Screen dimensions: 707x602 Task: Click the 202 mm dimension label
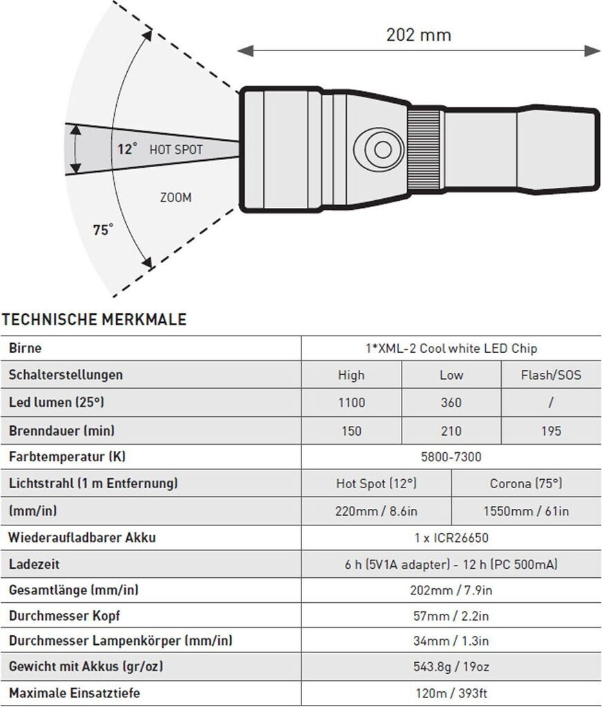click(x=418, y=35)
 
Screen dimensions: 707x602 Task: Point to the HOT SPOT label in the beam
click(x=176, y=150)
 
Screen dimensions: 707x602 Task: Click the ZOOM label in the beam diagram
click(x=176, y=197)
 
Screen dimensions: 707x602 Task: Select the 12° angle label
click(x=126, y=148)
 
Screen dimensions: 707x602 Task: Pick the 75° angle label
click(x=103, y=231)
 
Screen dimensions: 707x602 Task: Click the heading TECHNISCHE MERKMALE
click(x=95, y=320)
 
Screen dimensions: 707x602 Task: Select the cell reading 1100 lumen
click(x=351, y=403)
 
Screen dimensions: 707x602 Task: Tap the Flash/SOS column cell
click(x=551, y=376)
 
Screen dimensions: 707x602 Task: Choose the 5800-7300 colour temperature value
click(x=451, y=457)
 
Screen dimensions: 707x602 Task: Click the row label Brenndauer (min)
click(x=62, y=431)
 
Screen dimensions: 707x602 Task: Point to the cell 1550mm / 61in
click(x=526, y=511)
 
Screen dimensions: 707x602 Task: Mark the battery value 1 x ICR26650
click(x=451, y=537)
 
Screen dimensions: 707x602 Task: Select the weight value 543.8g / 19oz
click(x=451, y=667)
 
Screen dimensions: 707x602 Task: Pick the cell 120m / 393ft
click(x=451, y=693)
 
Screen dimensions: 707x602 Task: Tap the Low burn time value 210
click(x=451, y=431)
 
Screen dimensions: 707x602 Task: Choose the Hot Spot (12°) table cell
click(x=376, y=483)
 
